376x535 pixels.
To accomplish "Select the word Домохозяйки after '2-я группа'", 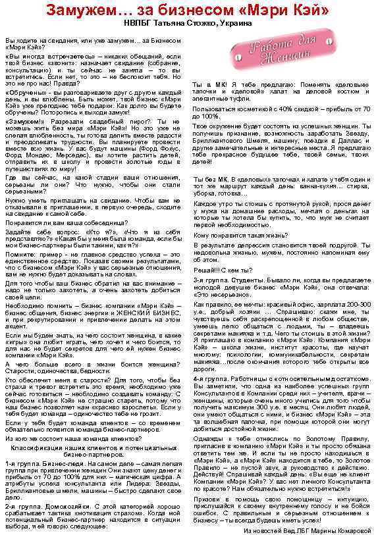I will [63, 506].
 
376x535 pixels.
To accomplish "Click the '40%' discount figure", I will [276, 109].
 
